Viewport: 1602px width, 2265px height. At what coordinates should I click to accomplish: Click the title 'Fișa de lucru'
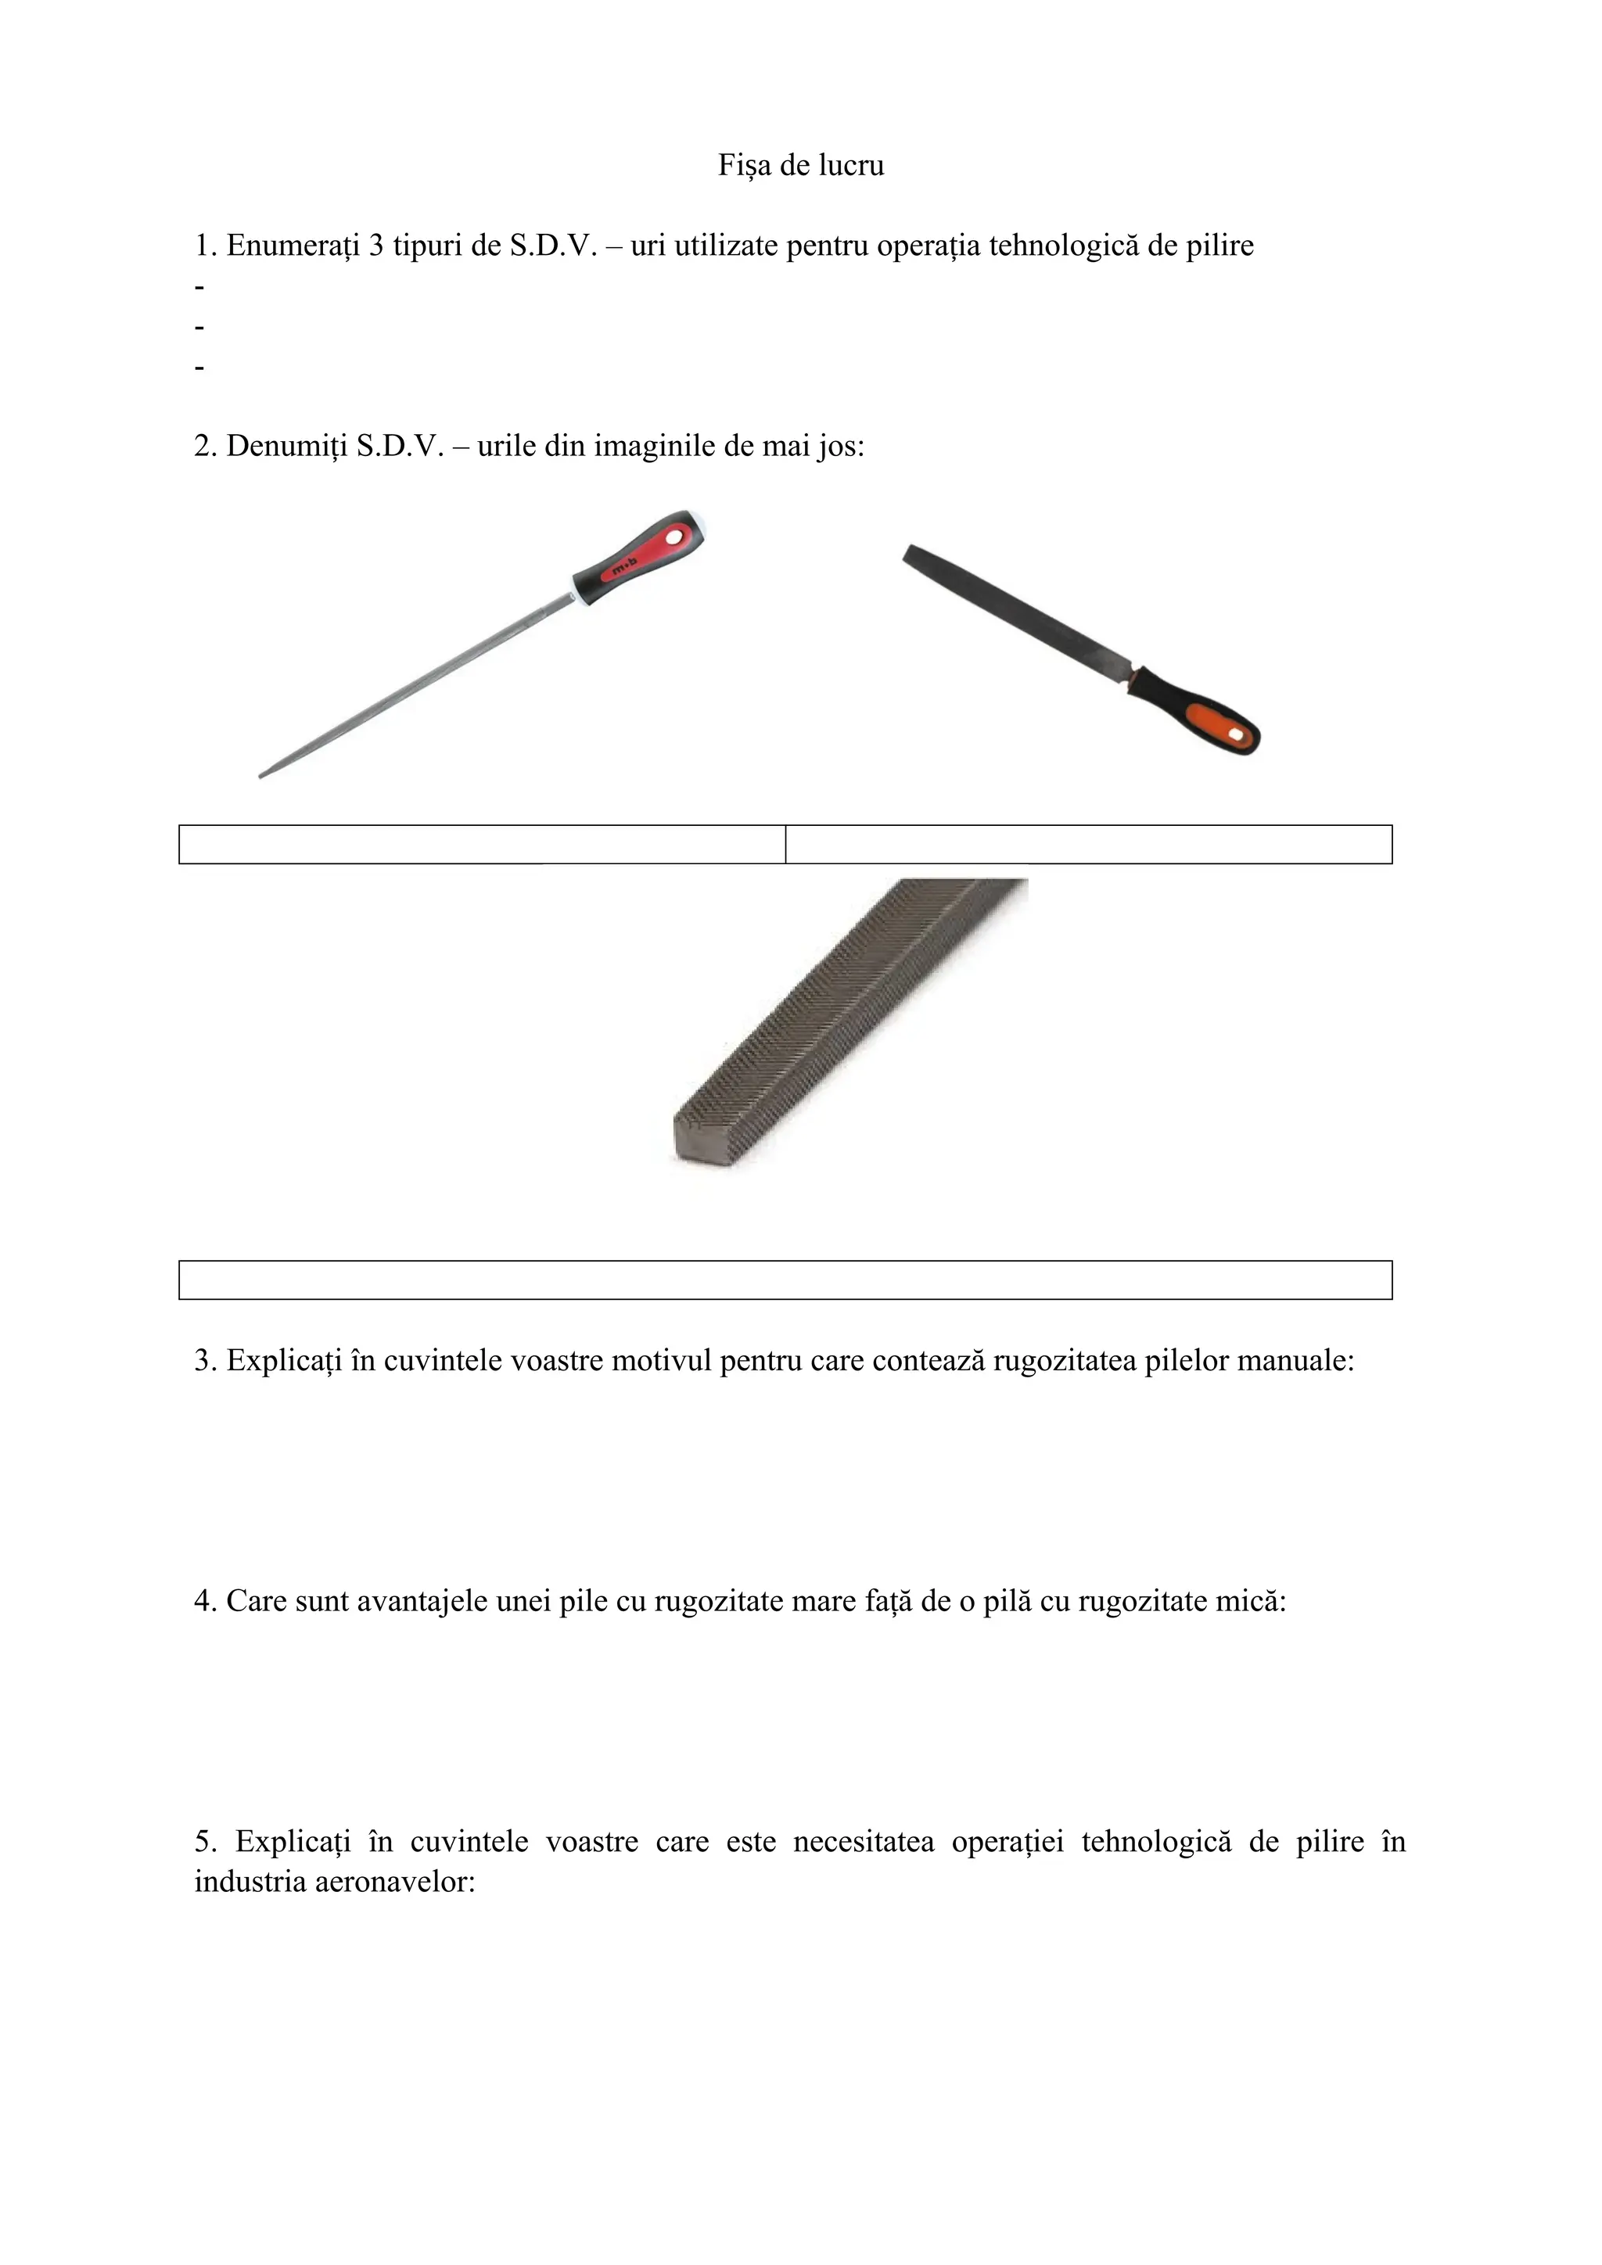(800, 165)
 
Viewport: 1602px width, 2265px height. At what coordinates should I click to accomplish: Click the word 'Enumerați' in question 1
(293, 246)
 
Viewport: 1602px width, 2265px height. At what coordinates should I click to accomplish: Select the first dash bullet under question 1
(200, 287)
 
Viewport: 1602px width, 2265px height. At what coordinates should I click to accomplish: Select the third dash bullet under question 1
(200, 368)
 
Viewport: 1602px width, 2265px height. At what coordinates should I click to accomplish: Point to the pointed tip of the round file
(264, 775)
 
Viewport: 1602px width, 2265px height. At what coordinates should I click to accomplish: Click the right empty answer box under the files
(1088, 845)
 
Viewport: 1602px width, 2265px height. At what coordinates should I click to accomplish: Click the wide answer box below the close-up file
(785, 1280)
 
